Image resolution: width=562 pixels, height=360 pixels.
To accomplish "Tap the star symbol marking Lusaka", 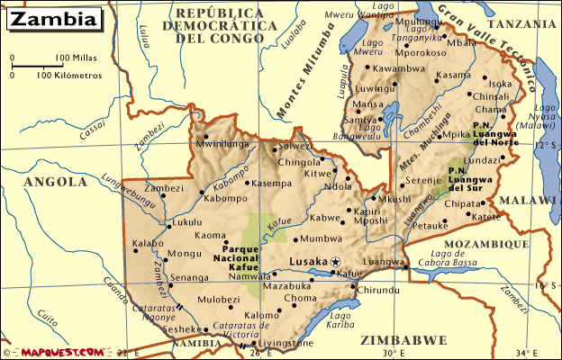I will (336, 261).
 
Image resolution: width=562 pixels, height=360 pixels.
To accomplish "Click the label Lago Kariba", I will (341, 321).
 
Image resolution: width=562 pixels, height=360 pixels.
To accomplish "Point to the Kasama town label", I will (453, 75).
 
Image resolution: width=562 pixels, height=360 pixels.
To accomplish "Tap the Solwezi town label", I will (295, 146).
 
